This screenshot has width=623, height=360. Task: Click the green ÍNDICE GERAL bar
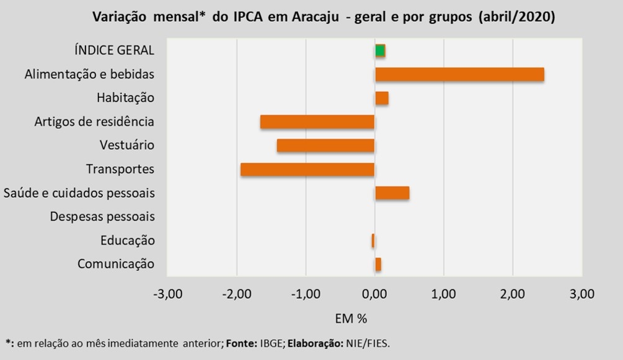click(380, 51)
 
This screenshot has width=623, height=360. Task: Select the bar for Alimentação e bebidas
click(459, 74)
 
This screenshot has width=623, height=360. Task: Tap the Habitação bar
click(381, 98)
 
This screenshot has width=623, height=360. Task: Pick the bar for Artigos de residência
click(317, 122)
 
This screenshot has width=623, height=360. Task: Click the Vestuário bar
click(325, 146)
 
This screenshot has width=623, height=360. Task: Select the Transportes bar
click(307, 169)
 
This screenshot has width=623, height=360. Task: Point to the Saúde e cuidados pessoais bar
click(392, 193)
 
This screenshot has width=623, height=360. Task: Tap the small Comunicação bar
click(378, 264)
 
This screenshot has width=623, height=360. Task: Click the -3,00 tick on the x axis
click(168, 294)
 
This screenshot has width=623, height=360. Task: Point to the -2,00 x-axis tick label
click(237, 294)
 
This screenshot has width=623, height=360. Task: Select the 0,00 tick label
click(375, 294)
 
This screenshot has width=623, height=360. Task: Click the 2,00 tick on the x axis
click(513, 294)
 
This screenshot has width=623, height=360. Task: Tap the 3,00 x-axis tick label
click(581, 294)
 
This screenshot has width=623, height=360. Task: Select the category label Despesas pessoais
click(102, 217)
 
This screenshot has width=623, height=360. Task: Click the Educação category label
click(126, 240)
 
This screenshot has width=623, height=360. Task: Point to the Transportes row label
click(120, 169)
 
